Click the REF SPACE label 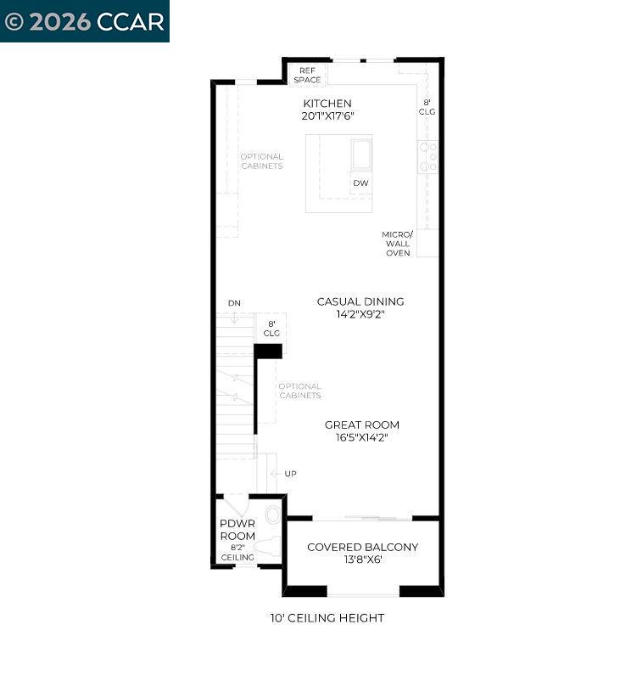click(x=307, y=75)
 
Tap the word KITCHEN click(x=327, y=104)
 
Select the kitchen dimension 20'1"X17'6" click(x=327, y=116)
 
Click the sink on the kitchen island click(x=361, y=155)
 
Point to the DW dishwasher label click(x=360, y=183)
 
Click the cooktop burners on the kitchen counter click(x=428, y=157)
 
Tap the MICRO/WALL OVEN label click(x=397, y=244)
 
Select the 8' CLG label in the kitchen click(x=428, y=107)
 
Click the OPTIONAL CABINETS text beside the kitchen click(x=261, y=161)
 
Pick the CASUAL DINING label click(x=360, y=301)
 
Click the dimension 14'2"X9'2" click(x=360, y=314)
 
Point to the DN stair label click(x=234, y=303)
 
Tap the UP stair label click(x=290, y=474)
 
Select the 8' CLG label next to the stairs click(x=271, y=329)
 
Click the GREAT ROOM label click(x=361, y=425)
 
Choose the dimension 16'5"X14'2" click(x=361, y=438)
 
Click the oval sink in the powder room click(x=272, y=514)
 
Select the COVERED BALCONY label click(x=362, y=547)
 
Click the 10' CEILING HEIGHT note click(x=327, y=618)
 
